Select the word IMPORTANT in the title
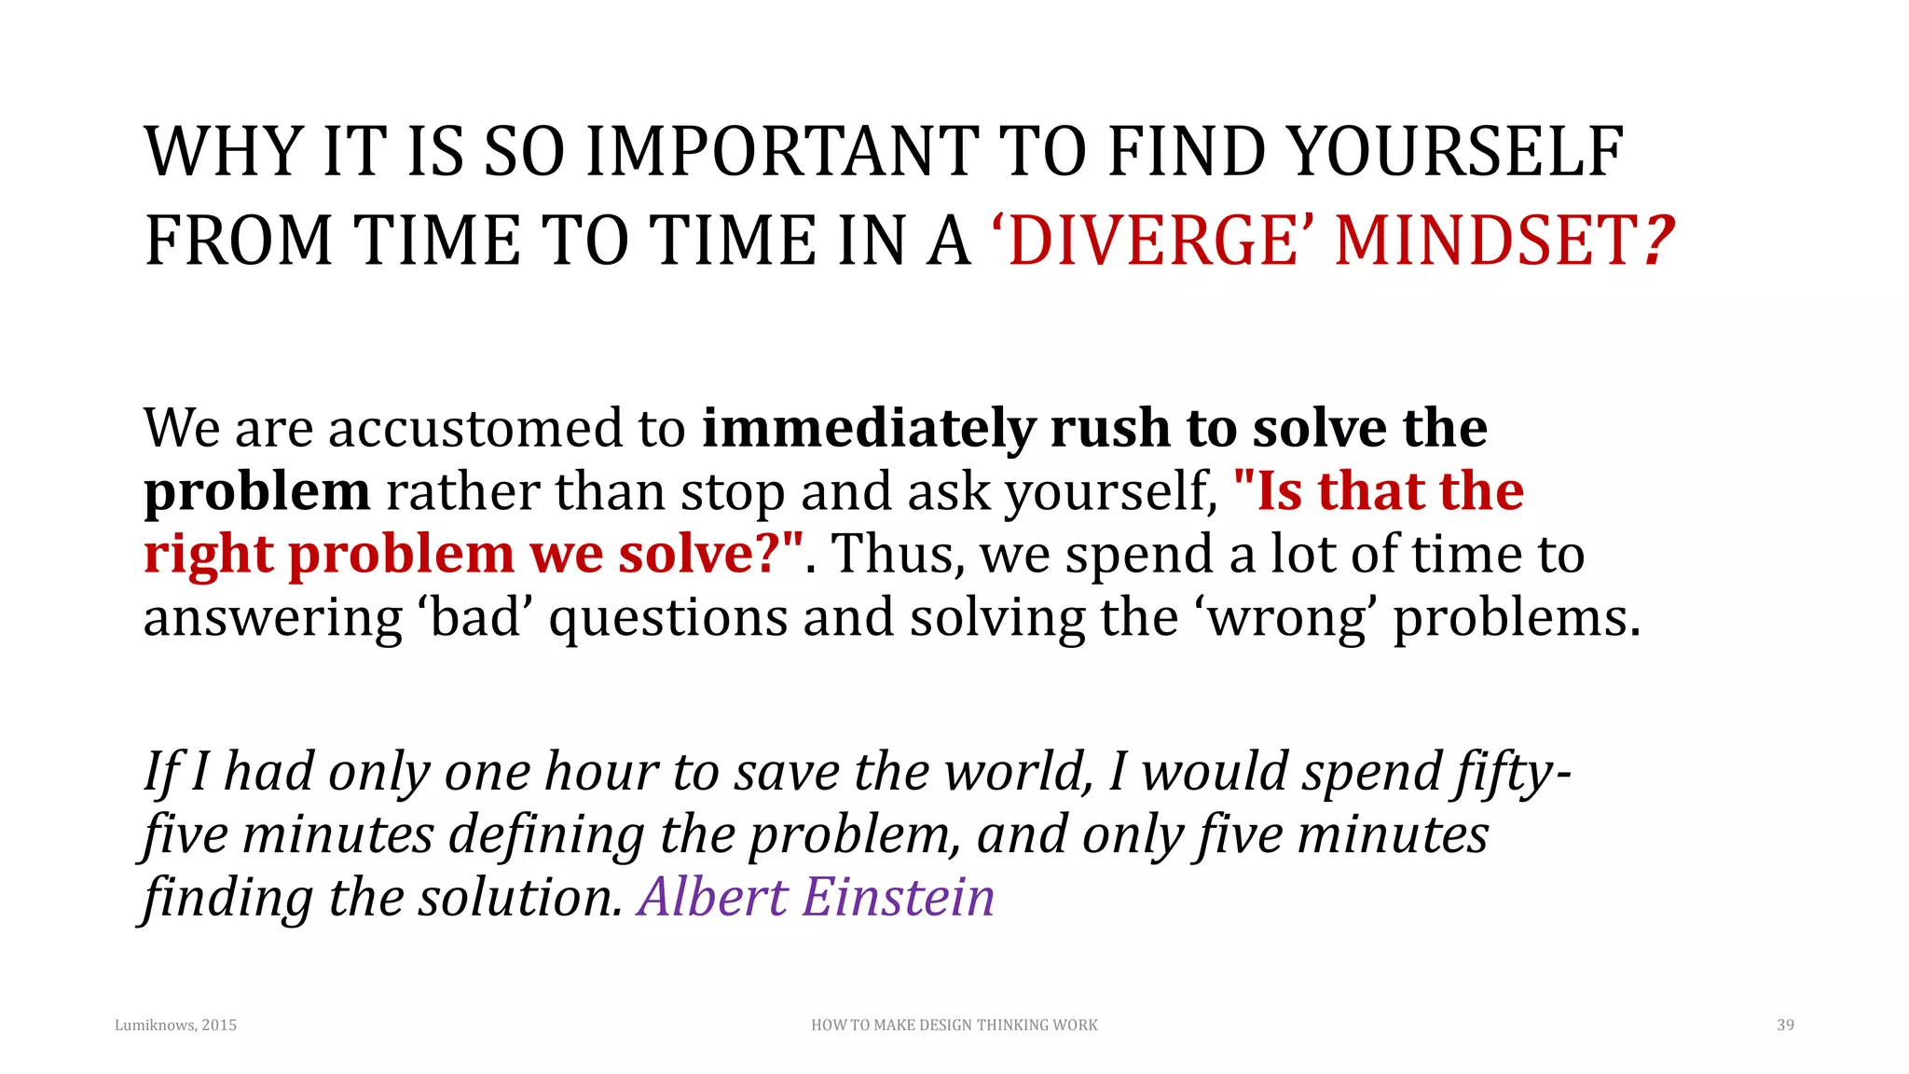pos(781,152)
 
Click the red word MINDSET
pos(1486,241)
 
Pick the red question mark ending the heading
pos(1658,241)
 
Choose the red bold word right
pos(208,556)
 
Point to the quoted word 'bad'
pos(476,617)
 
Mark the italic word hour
pos(601,772)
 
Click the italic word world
pos(1019,772)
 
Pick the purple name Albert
pos(712,898)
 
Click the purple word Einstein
pos(899,898)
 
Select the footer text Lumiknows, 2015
pos(175,1026)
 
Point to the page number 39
pos(1785,1026)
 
